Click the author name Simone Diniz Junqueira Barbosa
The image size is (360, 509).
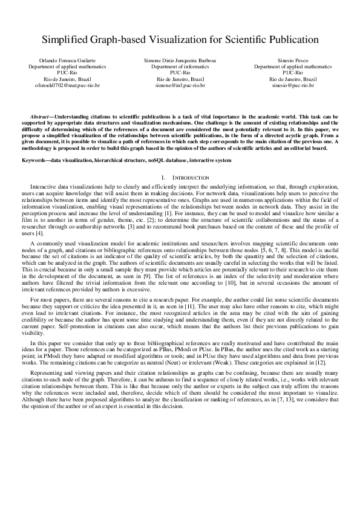pos(180,61)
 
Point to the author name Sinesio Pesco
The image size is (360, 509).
pos(293,61)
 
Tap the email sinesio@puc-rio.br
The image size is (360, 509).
pos(293,86)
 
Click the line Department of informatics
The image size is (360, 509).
pos(180,67)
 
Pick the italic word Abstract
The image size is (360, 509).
pos(41,115)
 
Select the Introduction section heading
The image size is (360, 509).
pos(191,178)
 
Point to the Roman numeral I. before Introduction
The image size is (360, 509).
pos(164,178)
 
